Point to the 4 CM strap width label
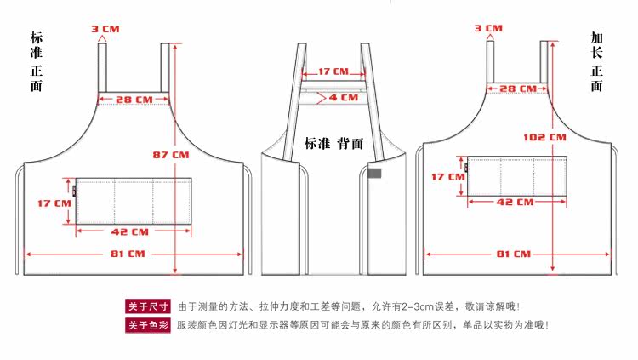344,98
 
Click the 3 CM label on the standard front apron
106,29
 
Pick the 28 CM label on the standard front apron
134,100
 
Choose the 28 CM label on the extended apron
516,89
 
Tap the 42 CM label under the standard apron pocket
130,231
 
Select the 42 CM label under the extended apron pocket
515,203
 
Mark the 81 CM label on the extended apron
513,254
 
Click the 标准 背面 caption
328,143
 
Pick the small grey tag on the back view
373,174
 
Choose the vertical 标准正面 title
36,62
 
